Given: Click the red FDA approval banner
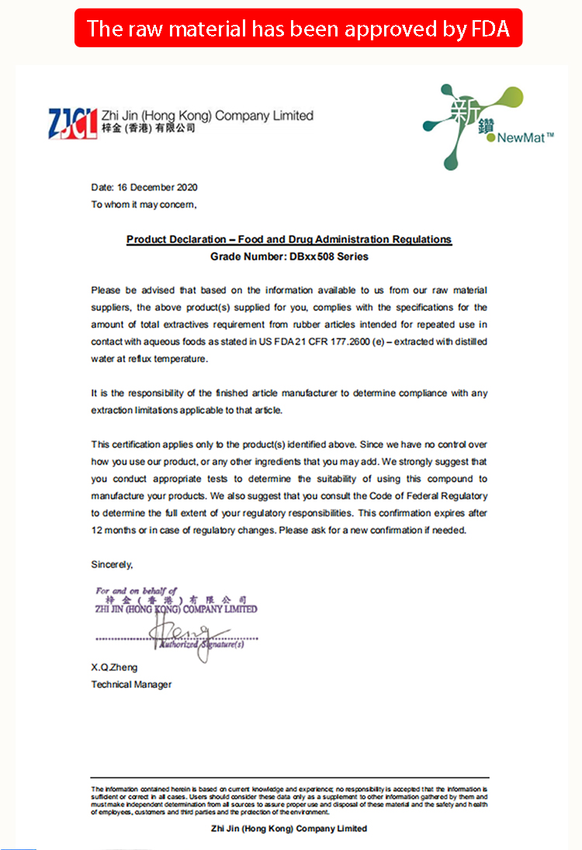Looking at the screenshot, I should click(298, 28).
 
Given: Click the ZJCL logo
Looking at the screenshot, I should click(73, 122).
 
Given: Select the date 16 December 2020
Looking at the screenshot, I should click(144, 187).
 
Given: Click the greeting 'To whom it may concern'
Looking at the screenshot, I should click(144, 205).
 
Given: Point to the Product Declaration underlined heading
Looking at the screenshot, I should click(289, 240).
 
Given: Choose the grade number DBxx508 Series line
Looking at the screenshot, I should click(289, 256).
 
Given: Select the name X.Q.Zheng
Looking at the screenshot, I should click(114, 668).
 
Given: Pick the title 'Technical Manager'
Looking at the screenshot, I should click(131, 685).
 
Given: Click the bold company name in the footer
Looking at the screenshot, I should click(289, 828).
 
